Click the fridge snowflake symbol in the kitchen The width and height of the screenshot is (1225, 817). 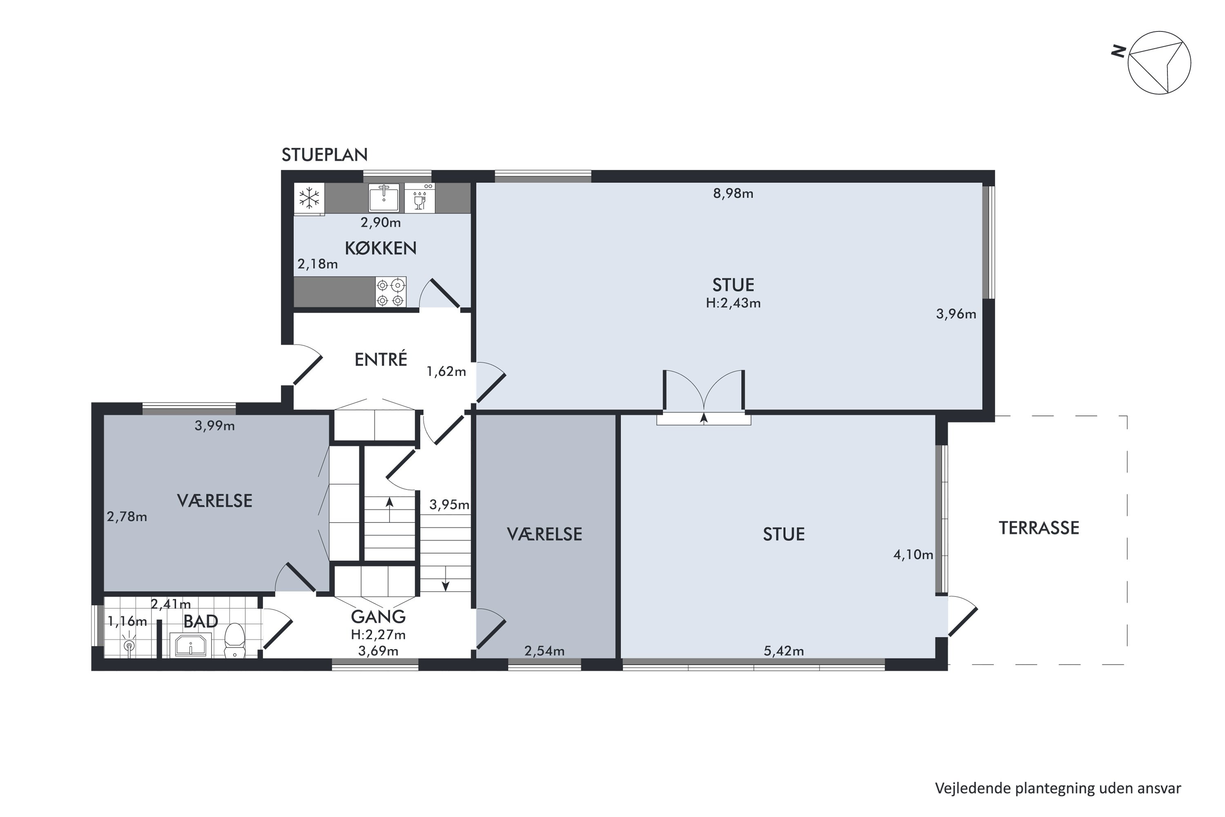(310, 198)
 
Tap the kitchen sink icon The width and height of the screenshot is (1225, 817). (384, 197)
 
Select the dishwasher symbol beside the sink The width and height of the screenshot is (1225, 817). (420, 197)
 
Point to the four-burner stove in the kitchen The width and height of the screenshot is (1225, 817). (391, 292)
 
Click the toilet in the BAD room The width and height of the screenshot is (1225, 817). (234, 641)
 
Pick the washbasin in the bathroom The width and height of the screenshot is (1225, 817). (191, 645)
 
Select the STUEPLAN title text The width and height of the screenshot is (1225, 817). (325, 155)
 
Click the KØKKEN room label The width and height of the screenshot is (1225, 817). (381, 248)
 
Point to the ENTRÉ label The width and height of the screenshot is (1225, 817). (381, 359)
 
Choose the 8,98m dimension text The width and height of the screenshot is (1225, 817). (733, 194)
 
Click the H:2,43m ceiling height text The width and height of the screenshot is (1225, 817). (733, 303)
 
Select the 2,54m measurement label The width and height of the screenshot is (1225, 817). (544, 651)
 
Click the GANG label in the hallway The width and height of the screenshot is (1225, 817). (378, 617)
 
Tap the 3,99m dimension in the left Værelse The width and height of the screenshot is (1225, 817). (215, 426)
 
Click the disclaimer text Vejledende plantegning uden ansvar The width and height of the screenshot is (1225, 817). (1058, 788)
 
